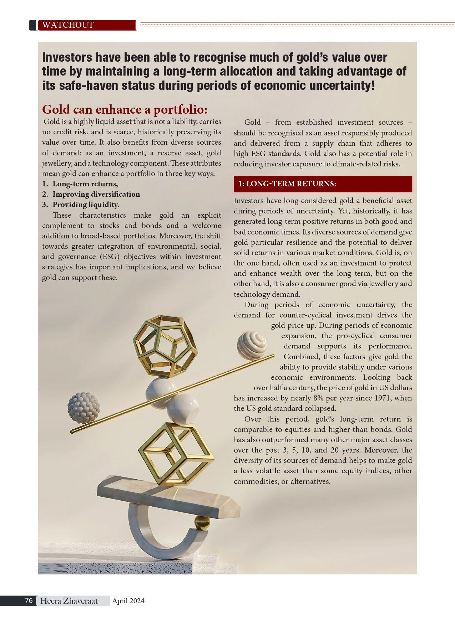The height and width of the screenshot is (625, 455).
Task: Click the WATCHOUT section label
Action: tap(68, 25)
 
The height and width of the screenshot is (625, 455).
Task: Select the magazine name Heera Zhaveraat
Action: tap(69, 601)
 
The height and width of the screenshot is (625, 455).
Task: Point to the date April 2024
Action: tap(128, 601)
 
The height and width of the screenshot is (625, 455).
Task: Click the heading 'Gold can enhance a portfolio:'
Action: tap(125, 109)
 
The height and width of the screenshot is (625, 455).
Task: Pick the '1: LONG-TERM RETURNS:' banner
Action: tap(323, 184)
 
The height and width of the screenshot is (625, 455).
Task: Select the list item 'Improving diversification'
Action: tap(96, 194)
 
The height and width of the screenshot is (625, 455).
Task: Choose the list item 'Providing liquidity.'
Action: tap(86, 205)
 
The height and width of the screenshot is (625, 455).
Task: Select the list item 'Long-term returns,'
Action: tap(85, 184)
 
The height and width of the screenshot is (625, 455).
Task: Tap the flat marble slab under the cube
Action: tap(164, 495)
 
